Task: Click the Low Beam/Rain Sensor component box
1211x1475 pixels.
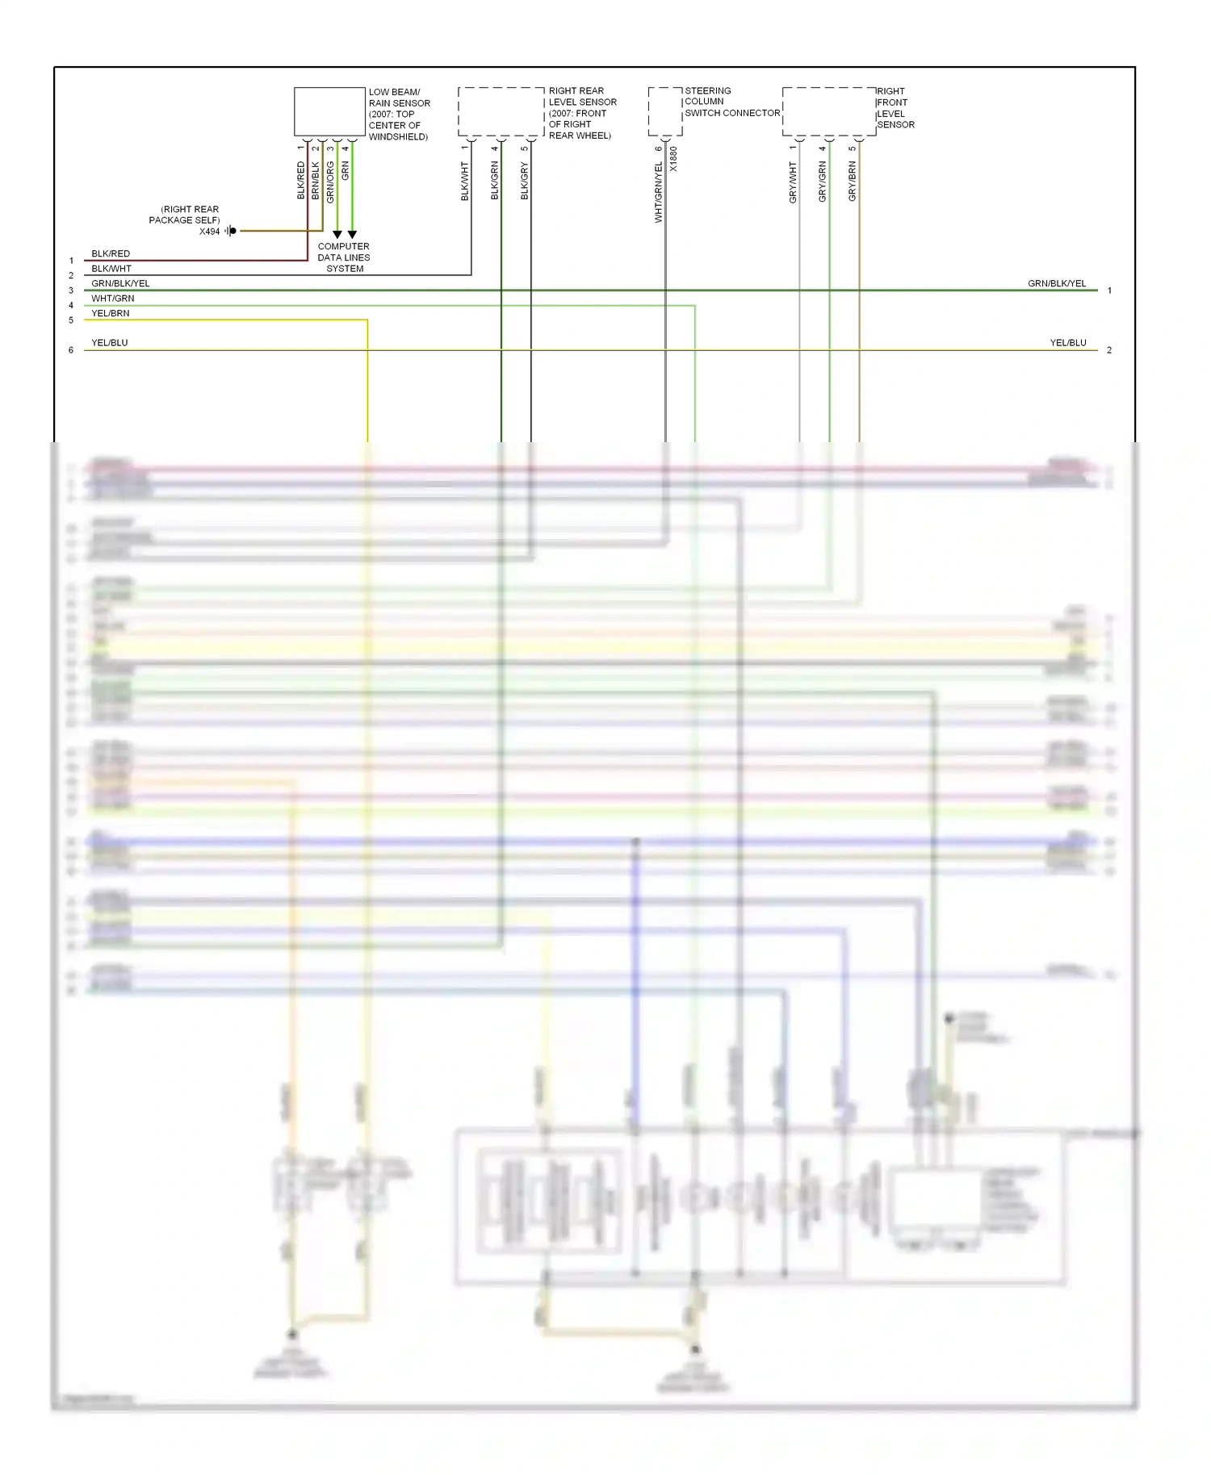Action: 329,111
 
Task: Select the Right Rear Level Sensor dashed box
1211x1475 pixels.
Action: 501,111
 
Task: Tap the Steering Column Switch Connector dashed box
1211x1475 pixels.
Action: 665,111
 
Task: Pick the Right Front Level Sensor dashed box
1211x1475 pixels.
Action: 829,111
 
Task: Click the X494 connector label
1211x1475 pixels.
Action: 210,232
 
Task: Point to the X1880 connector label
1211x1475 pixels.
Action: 674,159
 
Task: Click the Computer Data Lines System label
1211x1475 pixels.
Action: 344,257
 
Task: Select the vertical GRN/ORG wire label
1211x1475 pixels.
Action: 330,182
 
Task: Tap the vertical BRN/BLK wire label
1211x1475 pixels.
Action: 316,181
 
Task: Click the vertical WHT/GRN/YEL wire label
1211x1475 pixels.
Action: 659,192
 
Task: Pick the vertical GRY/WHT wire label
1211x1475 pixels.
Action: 793,182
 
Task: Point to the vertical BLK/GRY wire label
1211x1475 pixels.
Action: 525,181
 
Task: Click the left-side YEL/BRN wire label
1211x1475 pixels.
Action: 111,313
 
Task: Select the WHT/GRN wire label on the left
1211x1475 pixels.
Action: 113,299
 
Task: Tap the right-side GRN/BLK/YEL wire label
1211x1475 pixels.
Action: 1057,284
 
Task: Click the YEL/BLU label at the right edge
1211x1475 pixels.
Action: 1068,343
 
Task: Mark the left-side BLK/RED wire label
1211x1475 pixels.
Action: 111,254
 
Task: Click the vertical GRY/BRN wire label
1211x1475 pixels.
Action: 853,182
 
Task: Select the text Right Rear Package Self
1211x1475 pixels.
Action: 185,215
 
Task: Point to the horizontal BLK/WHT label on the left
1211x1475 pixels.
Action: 111,269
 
